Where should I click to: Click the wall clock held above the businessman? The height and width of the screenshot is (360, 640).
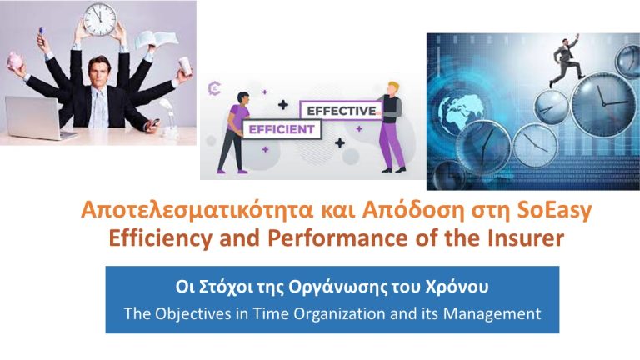(x=100, y=20)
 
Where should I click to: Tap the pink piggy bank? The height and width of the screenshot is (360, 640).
(x=15, y=61)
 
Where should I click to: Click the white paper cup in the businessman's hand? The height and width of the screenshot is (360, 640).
(x=185, y=66)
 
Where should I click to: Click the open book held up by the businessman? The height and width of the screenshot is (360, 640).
(x=156, y=40)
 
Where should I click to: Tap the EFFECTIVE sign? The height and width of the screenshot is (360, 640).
(x=341, y=111)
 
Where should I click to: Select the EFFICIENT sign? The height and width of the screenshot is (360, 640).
(x=282, y=129)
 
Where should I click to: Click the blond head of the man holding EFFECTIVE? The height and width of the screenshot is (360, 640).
(x=392, y=88)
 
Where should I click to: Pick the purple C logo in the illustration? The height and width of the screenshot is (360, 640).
(x=214, y=88)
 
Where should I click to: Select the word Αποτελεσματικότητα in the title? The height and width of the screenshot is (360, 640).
(x=197, y=211)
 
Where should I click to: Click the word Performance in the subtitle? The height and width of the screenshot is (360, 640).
(x=338, y=238)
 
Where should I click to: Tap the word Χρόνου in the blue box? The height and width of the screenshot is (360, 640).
(x=457, y=287)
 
